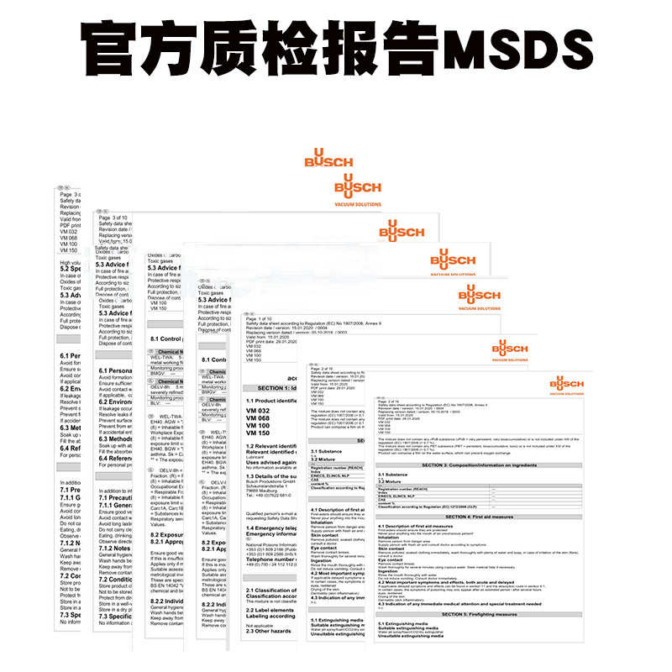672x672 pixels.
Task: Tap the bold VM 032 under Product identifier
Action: [x=258, y=410]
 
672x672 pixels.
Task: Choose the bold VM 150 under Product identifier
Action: [x=258, y=433]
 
